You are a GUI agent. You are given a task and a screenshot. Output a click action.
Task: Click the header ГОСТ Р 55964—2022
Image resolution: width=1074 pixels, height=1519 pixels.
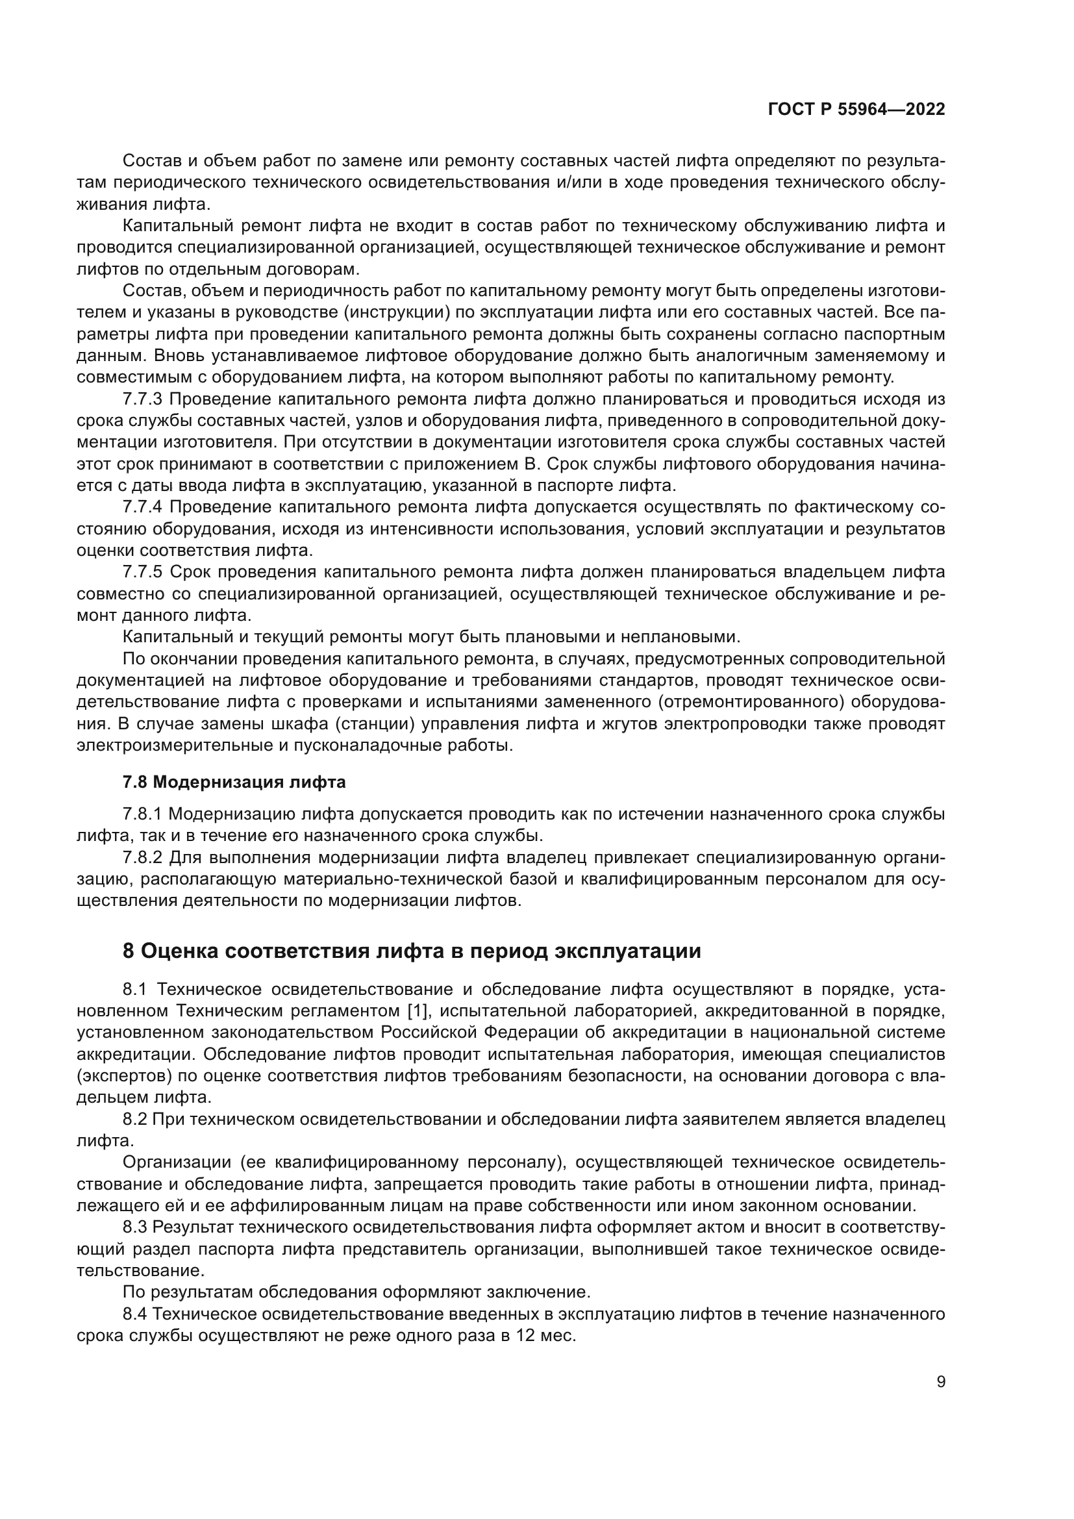(x=856, y=110)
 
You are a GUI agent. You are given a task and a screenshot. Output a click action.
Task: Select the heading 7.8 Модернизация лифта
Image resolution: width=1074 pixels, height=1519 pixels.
(x=234, y=782)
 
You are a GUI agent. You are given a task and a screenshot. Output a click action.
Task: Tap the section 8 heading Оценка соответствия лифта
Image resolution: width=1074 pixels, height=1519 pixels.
(x=411, y=951)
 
